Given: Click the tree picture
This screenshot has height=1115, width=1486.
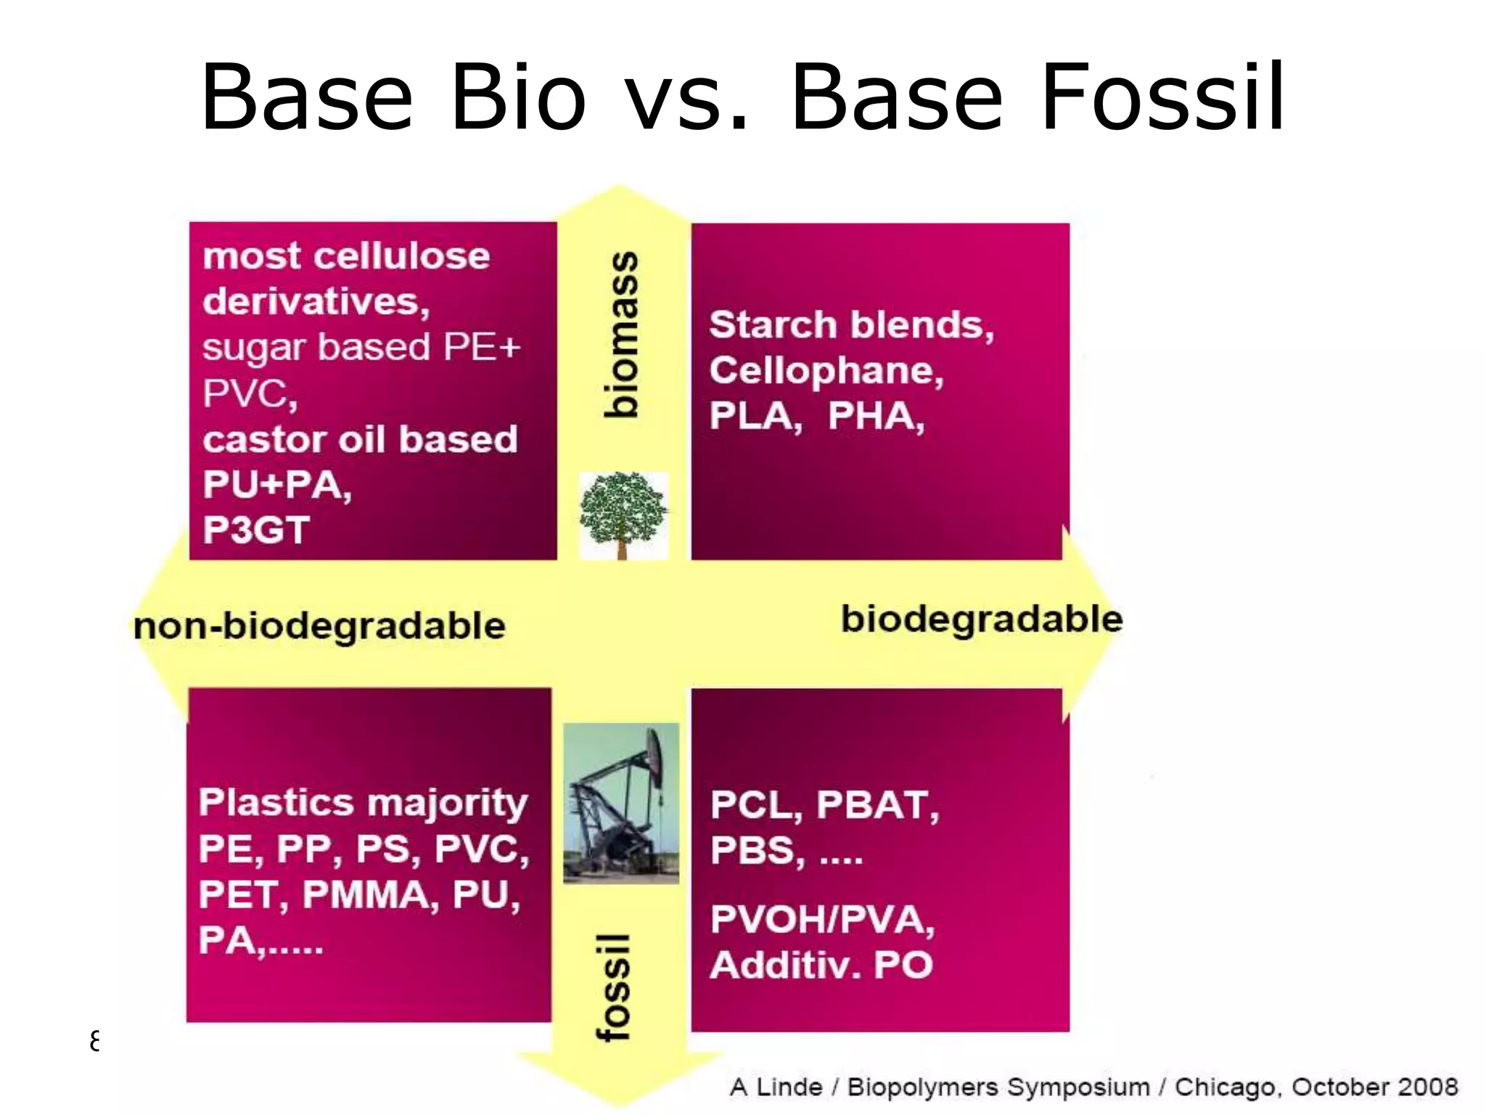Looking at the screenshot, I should tap(623, 515).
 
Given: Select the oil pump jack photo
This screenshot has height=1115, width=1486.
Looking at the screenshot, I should tap(622, 802).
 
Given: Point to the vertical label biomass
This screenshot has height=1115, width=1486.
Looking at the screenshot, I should tap(621, 335).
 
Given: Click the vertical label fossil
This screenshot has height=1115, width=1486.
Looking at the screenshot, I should tap(614, 987).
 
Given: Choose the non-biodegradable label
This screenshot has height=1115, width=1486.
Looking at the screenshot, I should tap(319, 626).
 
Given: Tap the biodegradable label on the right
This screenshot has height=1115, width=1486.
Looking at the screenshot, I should tap(982, 619).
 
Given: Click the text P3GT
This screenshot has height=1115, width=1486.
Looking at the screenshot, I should tap(256, 530).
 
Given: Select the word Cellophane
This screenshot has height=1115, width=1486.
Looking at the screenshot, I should tap(826, 371).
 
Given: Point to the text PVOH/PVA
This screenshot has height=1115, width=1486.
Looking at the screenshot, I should tap(822, 920).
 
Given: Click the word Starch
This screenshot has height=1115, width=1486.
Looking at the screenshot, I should tap(772, 324).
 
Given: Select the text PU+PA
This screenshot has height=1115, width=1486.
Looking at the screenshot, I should tap(276, 485).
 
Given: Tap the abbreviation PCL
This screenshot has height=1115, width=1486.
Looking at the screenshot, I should tap(755, 805).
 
